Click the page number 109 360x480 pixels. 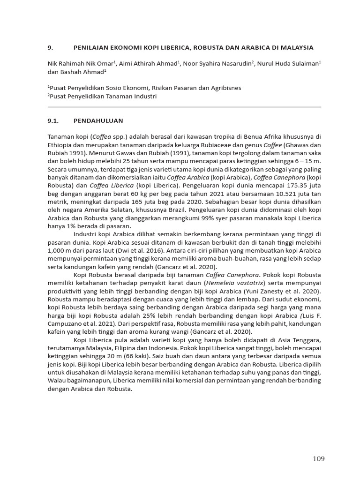tap(318, 458)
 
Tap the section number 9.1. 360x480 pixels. tap(54, 120)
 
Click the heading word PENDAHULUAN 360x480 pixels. tap(98, 120)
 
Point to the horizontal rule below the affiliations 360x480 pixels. tap(184, 107)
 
